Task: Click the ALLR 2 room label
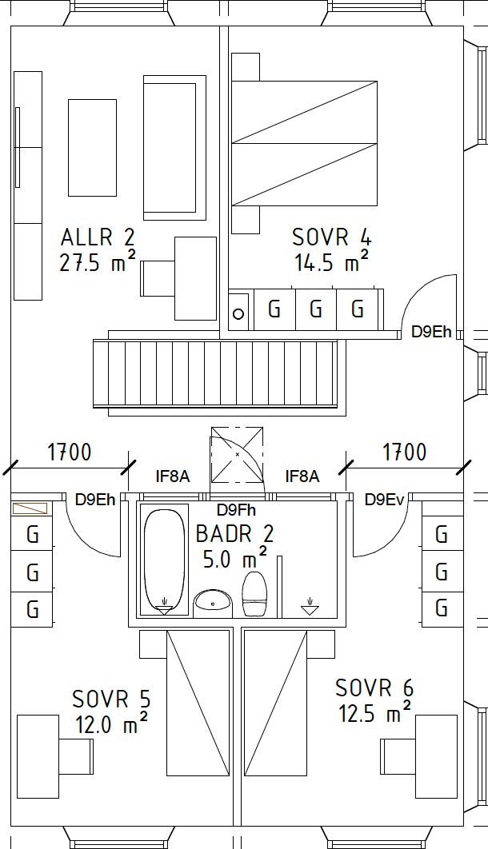click(x=98, y=237)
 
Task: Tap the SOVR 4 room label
click(x=331, y=237)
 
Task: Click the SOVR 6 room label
click(x=374, y=688)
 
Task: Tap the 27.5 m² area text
click(x=98, y=263)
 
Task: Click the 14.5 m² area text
click(x=331, y=263)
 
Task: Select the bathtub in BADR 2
click(x=164, y=560)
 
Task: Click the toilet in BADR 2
click(x=254, y=593)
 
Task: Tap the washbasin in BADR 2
click(x=213, y=600)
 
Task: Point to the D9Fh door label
click(x=237, y=509)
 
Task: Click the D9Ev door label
click(x=385, y=500)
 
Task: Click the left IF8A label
click(x=172, y=477)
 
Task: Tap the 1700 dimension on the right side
click(x=405, y=452)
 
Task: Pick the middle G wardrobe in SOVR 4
click(x=316, y=309)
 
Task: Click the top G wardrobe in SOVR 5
click(x=33, y=534)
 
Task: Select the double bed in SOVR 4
click(x=304, y=143)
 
